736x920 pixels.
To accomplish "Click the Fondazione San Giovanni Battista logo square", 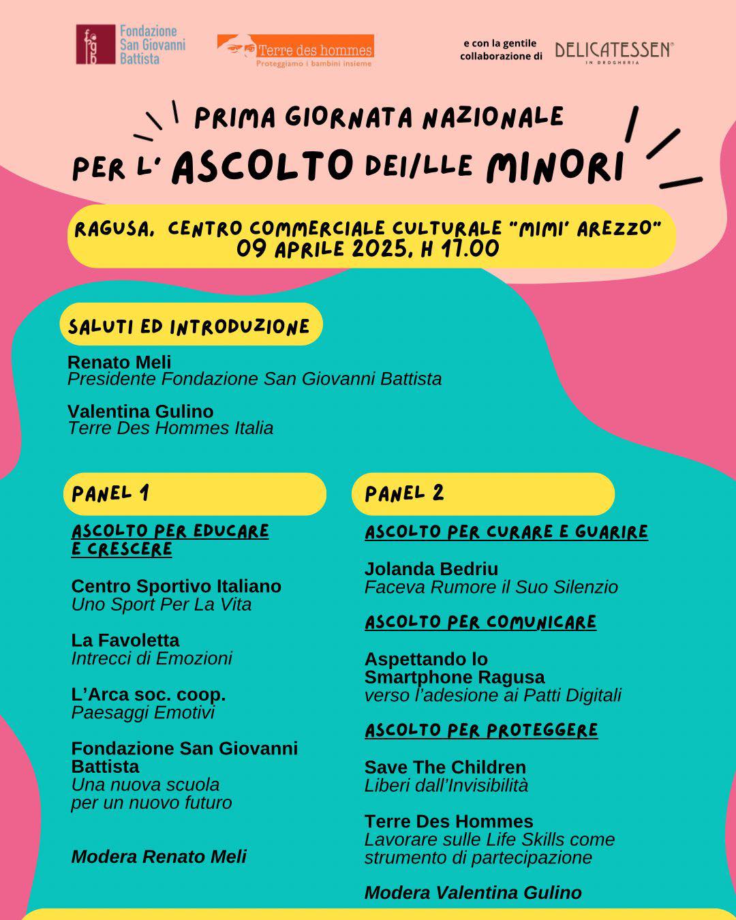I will [95, 45].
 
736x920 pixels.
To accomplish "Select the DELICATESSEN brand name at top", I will [613, 50].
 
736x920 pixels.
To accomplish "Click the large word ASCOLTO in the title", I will [263, 166].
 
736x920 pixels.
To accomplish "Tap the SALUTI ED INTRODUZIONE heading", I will [189, 326].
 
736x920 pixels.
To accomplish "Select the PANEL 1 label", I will [110, 493].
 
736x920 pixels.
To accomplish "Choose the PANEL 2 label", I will [404, 493].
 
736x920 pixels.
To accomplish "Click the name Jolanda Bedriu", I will [431, 569].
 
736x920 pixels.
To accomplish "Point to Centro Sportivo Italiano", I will [176, 586].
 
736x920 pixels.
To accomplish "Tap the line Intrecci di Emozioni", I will [151, 658].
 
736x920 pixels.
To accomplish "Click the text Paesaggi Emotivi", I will [143, 713].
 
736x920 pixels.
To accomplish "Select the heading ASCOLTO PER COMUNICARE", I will [480, 622].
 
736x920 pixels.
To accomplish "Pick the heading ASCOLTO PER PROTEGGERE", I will [481, 731].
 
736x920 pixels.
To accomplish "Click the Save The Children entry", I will [445, 767].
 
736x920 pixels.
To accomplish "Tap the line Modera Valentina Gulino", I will [473, 893].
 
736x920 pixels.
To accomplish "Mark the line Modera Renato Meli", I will [159, 857].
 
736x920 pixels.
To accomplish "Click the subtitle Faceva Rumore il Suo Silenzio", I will [491, 587].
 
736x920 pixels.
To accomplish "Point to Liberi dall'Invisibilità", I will [446, 785].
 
